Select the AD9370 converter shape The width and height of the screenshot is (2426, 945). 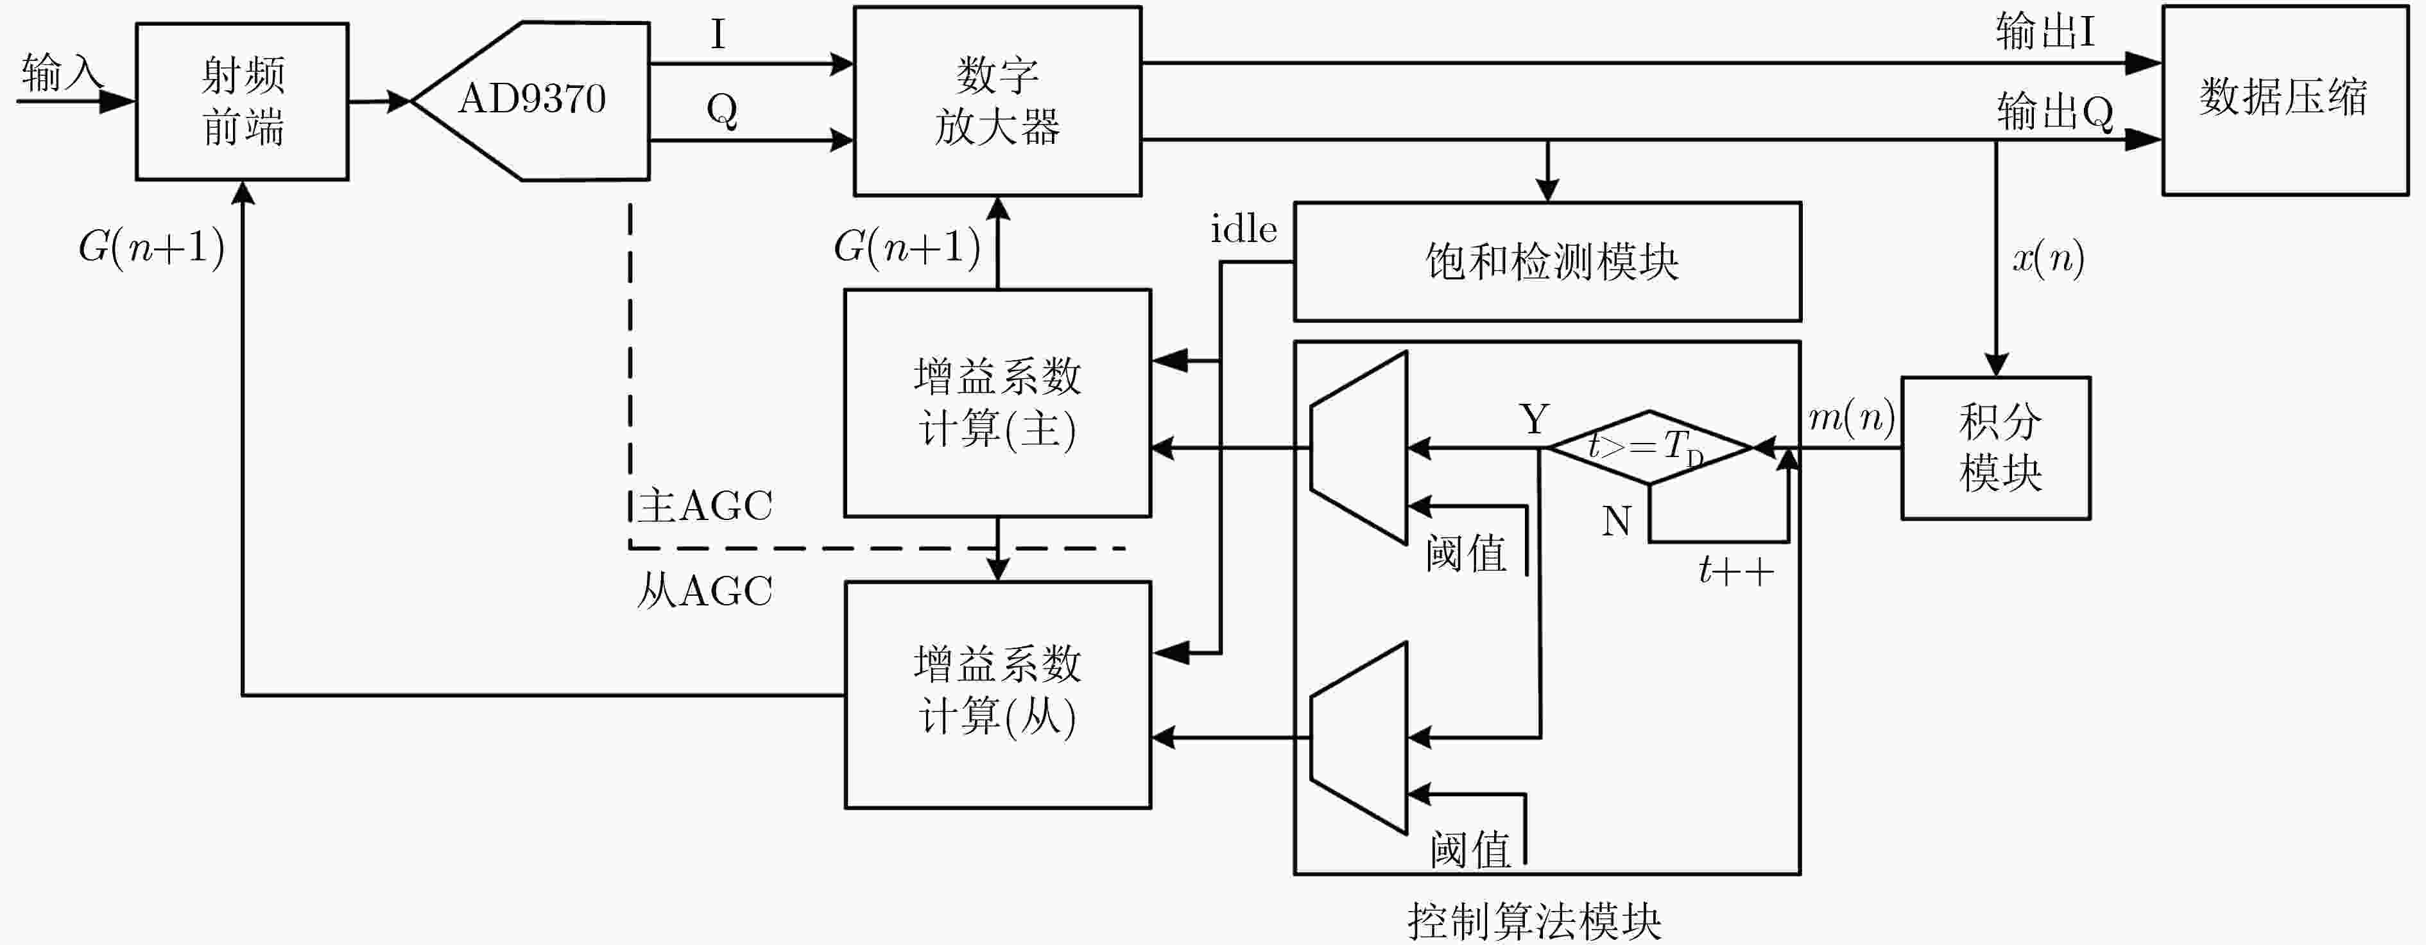530,101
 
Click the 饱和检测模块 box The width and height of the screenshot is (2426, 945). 1547,262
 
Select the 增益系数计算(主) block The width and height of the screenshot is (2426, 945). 997,403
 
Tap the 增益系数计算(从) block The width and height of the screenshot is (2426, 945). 997,695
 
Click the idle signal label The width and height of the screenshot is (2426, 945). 1243,229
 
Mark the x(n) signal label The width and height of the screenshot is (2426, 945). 2049,257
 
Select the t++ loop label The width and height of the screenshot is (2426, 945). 1735,570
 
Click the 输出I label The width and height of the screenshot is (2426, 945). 2045,32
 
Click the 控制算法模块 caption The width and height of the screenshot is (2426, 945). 1534,921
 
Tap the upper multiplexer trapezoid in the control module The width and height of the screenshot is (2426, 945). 1359,447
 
